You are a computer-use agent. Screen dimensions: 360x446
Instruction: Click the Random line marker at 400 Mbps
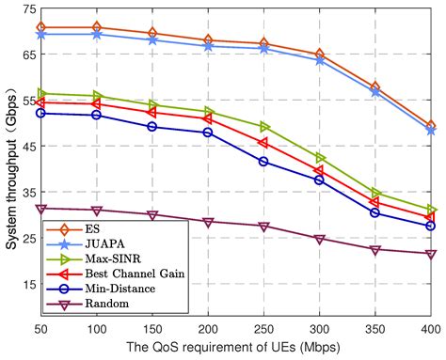tap(431, 254)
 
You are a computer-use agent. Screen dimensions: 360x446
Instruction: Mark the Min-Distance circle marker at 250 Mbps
tap(264, 162)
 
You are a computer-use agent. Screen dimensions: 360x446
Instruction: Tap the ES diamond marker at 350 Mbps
tap(375, 86)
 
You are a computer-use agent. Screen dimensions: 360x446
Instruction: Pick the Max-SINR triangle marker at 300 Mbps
tap(320, 158)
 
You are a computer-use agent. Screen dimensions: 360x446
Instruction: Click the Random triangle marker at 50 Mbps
tap(41, 209)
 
